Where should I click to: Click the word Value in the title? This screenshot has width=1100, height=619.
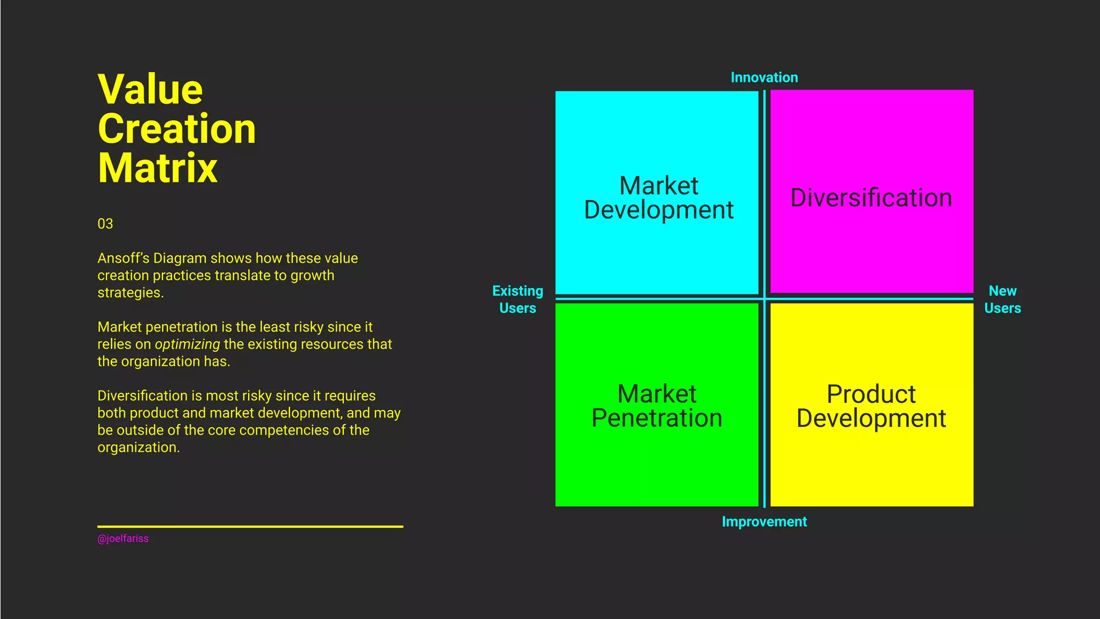(x=150, y=90)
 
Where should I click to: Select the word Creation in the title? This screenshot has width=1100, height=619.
(x=177, y=129)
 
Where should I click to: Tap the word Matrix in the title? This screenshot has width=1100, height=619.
(x=157, y=168)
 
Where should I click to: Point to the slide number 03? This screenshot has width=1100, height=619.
(x=105, y=224)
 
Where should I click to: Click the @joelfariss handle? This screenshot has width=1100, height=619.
(x=123, y=538)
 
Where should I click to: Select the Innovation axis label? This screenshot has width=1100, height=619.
(x=764, y=77)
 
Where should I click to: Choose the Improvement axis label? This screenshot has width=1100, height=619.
(x=764, y=522)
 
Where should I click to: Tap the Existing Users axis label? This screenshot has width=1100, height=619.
(x=518, y=299)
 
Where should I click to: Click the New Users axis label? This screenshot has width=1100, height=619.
(x=1003, y=299)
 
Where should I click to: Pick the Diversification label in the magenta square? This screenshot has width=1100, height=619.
(x=871, y=198)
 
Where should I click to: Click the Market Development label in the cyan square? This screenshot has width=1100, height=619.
(x=658, y=198)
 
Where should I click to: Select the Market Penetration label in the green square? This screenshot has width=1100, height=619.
(x=657, y=406)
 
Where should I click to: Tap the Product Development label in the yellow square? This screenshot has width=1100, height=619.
(x=871, y=406)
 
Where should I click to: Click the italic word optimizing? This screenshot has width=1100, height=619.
(x=187, y=344)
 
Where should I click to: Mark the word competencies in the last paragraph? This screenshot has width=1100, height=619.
(x=282, y=430)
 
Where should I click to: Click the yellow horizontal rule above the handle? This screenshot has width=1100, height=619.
(x=250, y=527)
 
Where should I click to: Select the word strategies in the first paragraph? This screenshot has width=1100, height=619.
(x=130, y=293)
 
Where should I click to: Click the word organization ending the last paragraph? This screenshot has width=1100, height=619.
(x=137, y=448)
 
